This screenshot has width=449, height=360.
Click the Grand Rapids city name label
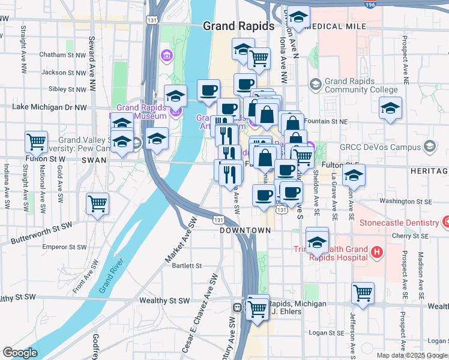(238, 26)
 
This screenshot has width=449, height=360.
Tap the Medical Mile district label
(336, 26)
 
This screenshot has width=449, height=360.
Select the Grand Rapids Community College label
(361, 86)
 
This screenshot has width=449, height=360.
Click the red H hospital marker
(376, 251)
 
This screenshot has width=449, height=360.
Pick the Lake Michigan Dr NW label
(50, 107)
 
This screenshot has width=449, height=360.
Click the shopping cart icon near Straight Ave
(37, 142)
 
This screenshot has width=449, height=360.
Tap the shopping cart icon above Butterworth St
(97, 203)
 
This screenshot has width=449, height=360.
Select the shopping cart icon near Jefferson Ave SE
(363, 293)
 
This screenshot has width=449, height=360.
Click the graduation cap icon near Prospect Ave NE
(390, 109)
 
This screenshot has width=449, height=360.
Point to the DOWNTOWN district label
(245, 230)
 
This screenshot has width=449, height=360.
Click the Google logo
(20, 353)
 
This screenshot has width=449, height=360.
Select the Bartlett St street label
(186, 265)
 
